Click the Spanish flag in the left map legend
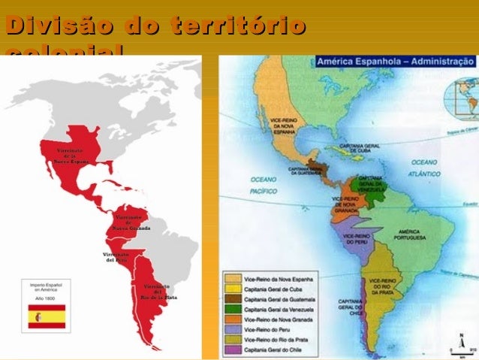click(47, 316)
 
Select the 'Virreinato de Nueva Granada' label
click(131, 223)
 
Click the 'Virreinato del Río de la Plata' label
click(156, 292)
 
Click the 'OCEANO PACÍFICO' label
click(264, 185)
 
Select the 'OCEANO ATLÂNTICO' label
click(424, 166)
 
